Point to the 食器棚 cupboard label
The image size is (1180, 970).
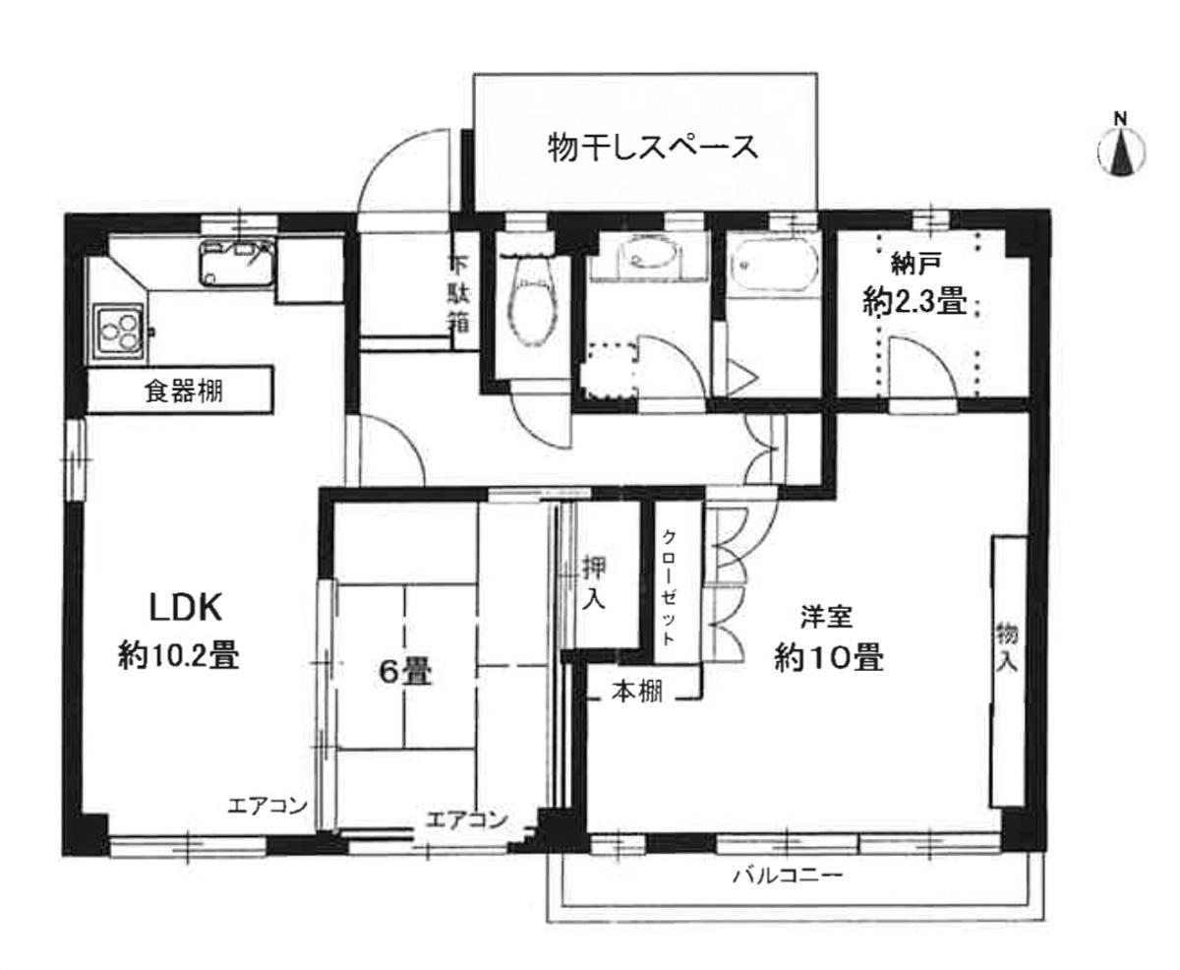pos(184,392)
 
